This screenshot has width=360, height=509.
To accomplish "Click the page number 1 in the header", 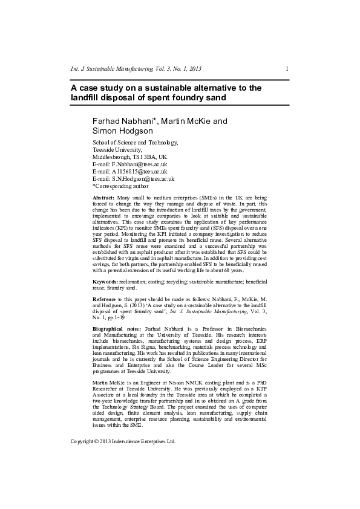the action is tap(287, 70).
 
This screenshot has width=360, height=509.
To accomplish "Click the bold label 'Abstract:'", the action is tap(103, 198).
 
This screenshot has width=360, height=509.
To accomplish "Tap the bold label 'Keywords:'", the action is tap(105, 282).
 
